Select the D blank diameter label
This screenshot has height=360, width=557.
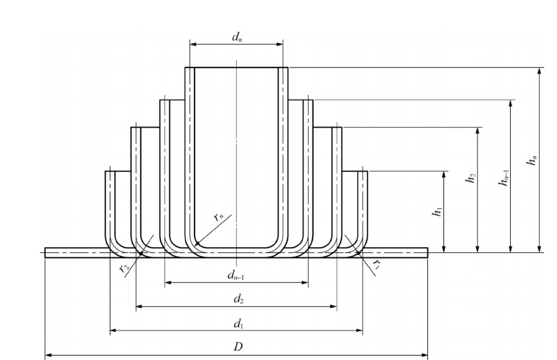[x=237, y=347]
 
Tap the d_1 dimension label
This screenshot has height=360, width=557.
[x=237, y=323]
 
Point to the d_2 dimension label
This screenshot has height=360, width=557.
[x=237, y=299]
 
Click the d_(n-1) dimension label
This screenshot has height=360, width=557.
[x=237, y=275]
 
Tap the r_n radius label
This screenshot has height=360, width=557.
[x=219, y=217]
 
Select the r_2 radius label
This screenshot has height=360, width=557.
[x=124, y=267]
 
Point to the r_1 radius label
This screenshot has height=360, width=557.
[x=376, y=265]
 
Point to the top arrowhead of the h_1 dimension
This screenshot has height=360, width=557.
[x=444, y=175]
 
